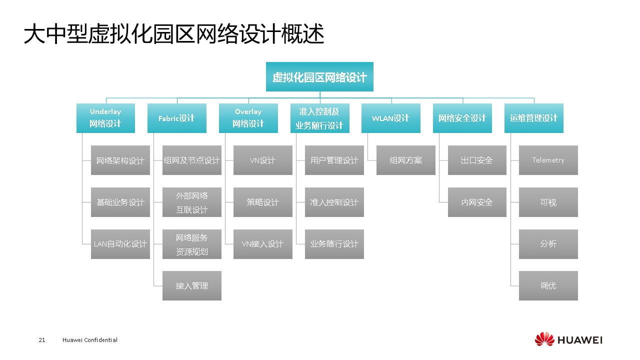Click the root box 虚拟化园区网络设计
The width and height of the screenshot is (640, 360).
coord(319,77)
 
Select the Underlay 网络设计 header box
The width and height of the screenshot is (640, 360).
coord(105,118)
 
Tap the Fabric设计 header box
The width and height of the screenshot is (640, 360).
coord(176,118)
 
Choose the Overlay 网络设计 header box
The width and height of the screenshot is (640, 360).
coord(248,118)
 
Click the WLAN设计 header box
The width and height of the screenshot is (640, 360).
coord(390,118)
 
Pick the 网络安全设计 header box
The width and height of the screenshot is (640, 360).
coord(462,118)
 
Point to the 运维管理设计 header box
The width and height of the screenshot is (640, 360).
coord(533,118)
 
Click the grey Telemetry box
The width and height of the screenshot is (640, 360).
coord(548,160)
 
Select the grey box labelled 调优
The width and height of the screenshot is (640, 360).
coord(548,285)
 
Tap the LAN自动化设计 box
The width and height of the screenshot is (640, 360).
coord(120,244)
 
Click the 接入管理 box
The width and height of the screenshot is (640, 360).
coord(191,285)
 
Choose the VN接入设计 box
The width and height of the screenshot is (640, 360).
coord(262,244)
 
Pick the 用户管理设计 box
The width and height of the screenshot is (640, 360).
coord(334,160)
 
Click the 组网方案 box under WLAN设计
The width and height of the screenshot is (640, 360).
coord(405,160)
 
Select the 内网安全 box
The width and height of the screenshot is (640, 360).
coord(476,202)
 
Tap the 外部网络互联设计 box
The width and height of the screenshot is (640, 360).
coord(191,202)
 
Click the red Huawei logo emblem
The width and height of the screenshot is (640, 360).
coord(544,339)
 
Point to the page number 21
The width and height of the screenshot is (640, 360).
coord(42,340)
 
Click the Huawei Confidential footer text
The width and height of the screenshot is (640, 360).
coord(90,340)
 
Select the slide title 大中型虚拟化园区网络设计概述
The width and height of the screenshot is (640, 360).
coord(174,35)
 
